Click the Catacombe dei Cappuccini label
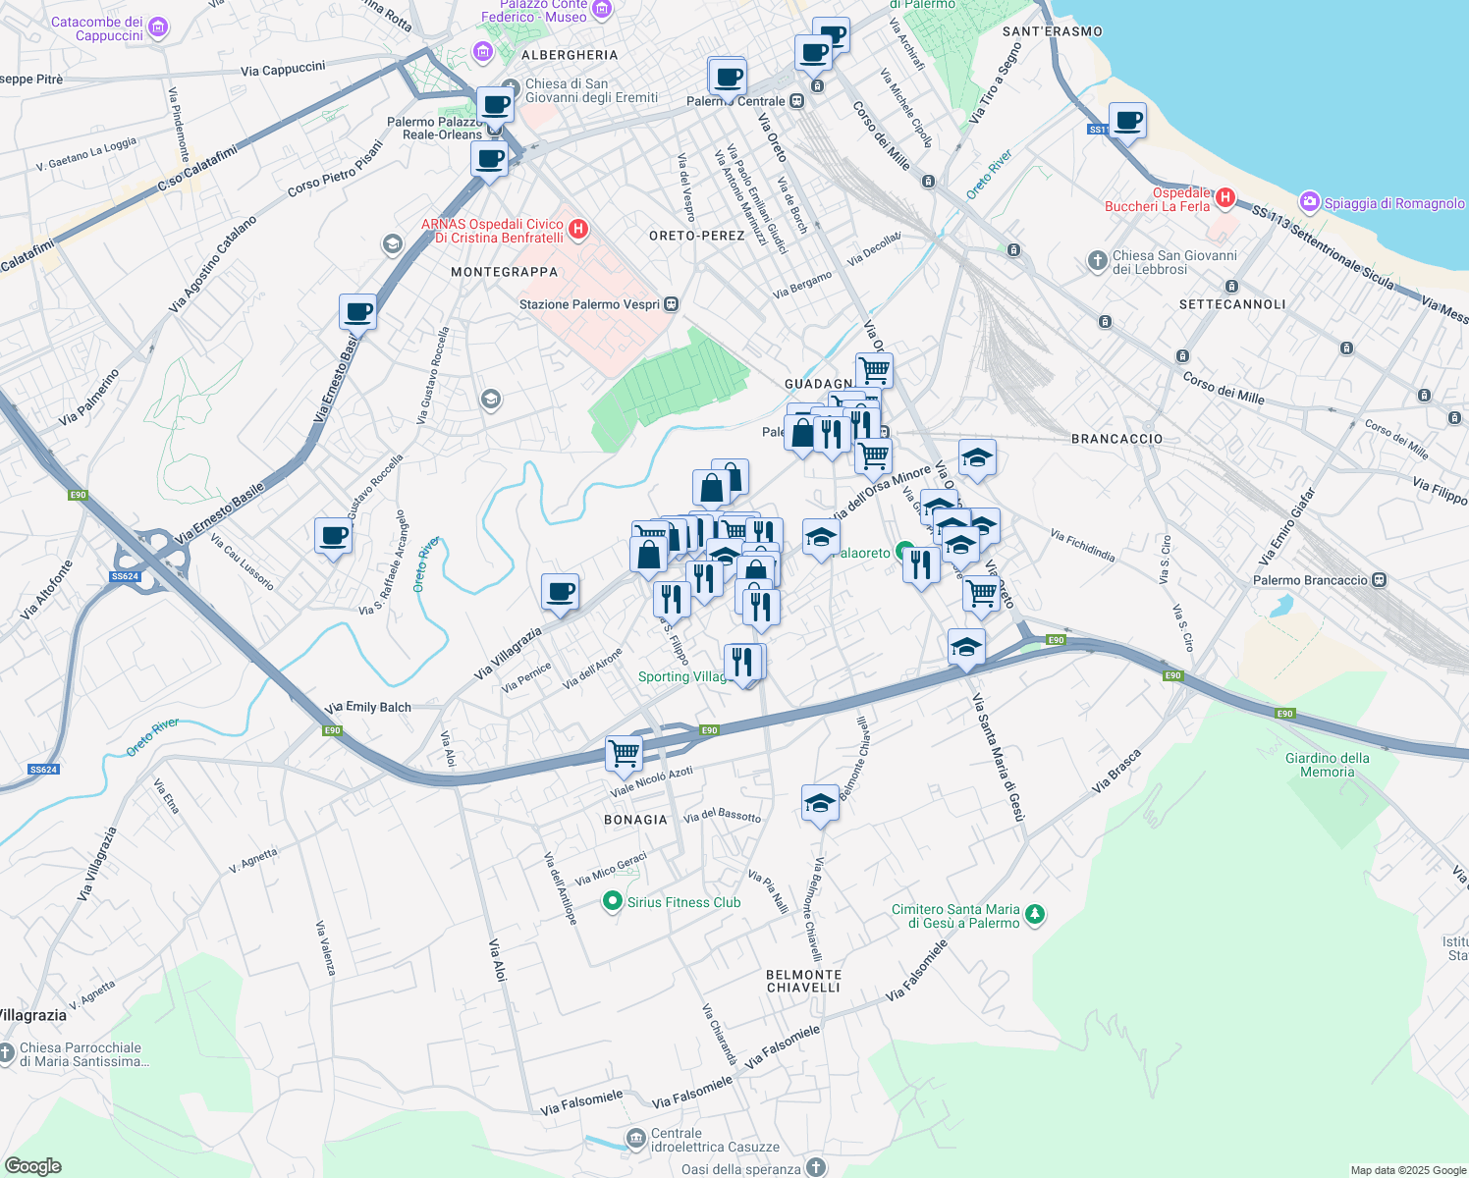click(96, 28)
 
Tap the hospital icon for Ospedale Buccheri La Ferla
click(1224, 198)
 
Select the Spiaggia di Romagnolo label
click(1393, 203)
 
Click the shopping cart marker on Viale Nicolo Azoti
click(624, 754)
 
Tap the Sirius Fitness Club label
click(683, 902)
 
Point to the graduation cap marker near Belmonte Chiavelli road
click(820, 803)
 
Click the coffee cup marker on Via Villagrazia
click(560, 592)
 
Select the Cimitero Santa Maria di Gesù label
click(954, 916)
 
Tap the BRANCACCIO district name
click(1116, 439)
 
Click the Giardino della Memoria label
click(1327, 765)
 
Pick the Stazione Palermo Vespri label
click(589, 304)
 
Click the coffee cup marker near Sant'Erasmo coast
click(1127, 121)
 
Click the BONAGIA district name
click(635, 820)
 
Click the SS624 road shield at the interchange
click(125, 576)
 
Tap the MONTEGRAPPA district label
click(504, 272)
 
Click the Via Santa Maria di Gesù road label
click(999, 757)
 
